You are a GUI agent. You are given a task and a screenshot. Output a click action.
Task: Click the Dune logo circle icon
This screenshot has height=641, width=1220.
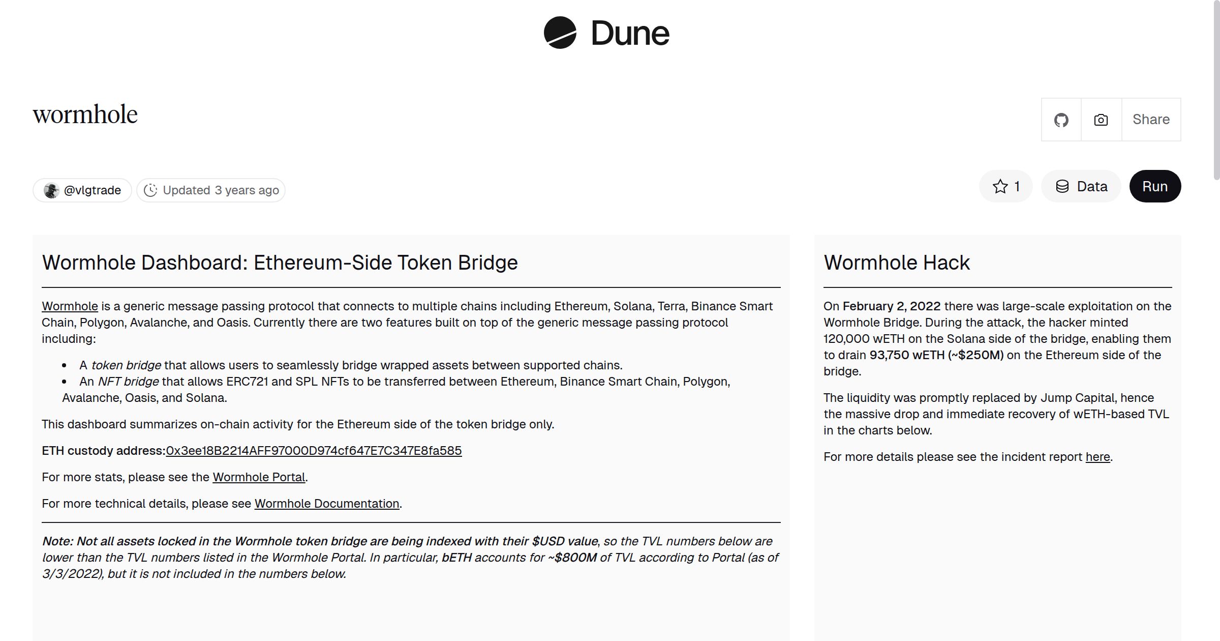pyautogui.click(x=560, y=33)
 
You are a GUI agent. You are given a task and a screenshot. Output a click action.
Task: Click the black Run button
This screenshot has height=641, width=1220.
pyautogui.click(x=1154, y=186)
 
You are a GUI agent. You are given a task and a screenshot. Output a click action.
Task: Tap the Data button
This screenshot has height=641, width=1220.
pyautogui.click(x=1081, y=186)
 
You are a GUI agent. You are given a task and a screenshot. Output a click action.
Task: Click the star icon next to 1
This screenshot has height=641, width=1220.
pyautogui.click(x=1000, y=186)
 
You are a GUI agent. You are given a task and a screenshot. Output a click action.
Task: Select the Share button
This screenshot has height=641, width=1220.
pyautogui.click(x=1151, y=120)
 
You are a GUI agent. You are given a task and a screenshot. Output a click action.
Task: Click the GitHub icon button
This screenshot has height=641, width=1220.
pyautogui.click(x=1061, y=120)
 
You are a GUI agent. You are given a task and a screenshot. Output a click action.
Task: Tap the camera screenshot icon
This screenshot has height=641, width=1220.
pyautogui.click(x=1101, y=120)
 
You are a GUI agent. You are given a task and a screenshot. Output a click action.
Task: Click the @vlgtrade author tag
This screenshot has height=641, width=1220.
pyautogui.click(x=82, y=190)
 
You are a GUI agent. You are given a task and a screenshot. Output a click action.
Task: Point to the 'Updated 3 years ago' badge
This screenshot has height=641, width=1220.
pyautogui.click(x=211, y=190)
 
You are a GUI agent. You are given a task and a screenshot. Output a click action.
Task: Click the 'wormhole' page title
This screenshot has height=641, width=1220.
pyautogui.click(x=85, y=114)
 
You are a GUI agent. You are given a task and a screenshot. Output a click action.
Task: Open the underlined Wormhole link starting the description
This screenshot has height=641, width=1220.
pyautogui.click(x=70, y=306)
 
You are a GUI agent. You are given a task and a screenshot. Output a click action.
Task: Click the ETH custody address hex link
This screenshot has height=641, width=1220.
pyautogui.click(x=314, y=451)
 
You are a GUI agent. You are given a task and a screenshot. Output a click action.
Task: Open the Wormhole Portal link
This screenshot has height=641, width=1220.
pyautogui.click(x=259, y=477)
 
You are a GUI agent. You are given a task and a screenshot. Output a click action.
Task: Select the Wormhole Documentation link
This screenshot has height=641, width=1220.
pyautogui.click(x=327, y=504)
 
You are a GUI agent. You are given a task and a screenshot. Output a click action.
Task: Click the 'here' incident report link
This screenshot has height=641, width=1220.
pyautogui.click(x=1097, y=457)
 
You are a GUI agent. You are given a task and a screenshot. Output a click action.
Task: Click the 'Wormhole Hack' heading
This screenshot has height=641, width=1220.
pyautogui.click(x=897, y=263)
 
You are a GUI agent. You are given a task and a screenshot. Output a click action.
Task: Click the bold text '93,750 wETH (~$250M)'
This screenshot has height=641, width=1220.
pyautogui.click(x=936, y=355)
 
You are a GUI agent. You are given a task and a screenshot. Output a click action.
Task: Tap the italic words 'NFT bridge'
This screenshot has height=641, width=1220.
pyautogui.click(x=128, y=382)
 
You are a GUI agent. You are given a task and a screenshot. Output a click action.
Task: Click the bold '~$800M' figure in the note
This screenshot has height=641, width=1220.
pyautogui.click(x=572, y=558)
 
